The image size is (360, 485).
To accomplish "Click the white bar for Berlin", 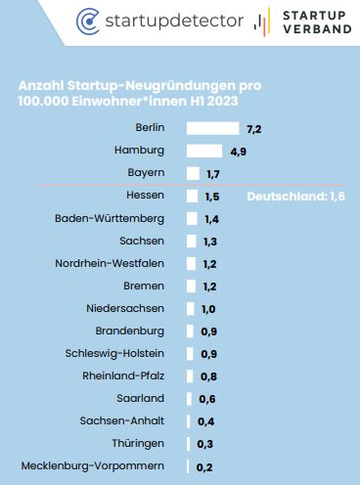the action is click(x=212, y=128).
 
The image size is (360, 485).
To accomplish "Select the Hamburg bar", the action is click(x=204, y=151).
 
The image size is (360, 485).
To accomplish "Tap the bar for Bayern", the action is click(x=193, y=173).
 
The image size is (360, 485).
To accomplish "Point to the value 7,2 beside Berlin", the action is click(x=254, y=129).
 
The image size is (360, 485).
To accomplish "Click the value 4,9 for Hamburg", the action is click(x=239, y=152).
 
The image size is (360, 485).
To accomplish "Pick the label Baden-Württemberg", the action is click(x=110, y=218).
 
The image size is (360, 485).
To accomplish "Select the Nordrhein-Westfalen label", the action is click(x=110, y=263).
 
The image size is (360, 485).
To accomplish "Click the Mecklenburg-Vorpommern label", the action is click(x=93, y=465).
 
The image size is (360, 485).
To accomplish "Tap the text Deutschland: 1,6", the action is click(x=295, y=197).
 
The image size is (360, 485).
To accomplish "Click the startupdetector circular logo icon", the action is click(x=88, y=22).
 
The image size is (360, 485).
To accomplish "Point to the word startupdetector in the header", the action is click(x=174, y=21).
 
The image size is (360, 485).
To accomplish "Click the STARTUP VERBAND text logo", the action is click(x=317, y=22).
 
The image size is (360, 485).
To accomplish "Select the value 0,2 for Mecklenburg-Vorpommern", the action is click(x=204, y=467).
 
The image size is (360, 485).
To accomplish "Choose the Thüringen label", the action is click(x=138, y=443).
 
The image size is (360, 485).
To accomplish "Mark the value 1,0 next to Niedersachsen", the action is click(x=208, y=309).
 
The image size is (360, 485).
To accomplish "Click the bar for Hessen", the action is click(x=192, y=197).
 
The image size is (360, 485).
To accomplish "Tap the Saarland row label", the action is click(x=140, y=398).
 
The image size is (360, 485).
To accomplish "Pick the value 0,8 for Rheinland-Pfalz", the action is click(x=208, y=376).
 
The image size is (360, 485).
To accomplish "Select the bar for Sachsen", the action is click(x=191, y=242).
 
